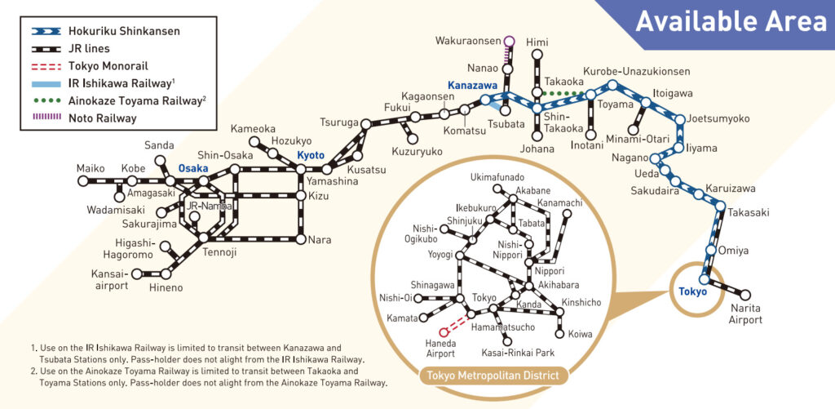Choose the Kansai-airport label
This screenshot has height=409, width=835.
tap(111, 280)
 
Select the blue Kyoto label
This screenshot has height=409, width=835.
tap(311, 155)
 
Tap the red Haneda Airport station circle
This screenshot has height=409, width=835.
tap(444, 332)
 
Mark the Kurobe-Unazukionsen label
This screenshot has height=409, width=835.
tap(636, 72)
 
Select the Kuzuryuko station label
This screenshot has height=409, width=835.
tap(417, 152)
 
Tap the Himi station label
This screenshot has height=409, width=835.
tap(537, 42)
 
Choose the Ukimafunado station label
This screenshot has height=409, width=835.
tap(498, 177)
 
